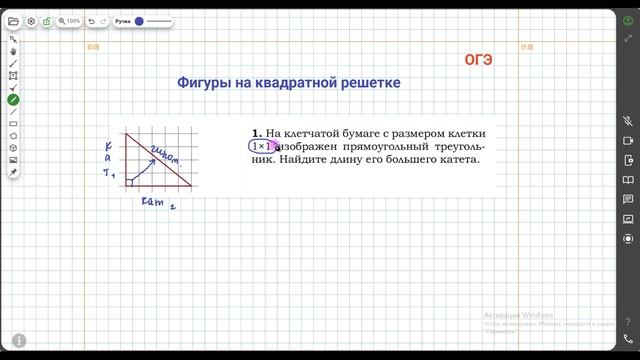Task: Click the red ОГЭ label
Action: (x=478, y=59)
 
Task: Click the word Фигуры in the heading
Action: (x=204, y=83)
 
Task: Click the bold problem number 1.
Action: (x=256, y=133)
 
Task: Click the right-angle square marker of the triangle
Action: (x=129, y=183)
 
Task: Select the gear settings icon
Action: (x=31, y=20)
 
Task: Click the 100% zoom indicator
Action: (x=70, y=20)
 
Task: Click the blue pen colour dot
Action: (x=139, y=20)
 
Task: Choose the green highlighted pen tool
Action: (x=13, y=99)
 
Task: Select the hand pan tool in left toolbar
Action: (x=13, y=51)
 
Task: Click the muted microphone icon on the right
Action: (x=628, y=119)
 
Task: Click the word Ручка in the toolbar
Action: (x=123, y=20)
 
